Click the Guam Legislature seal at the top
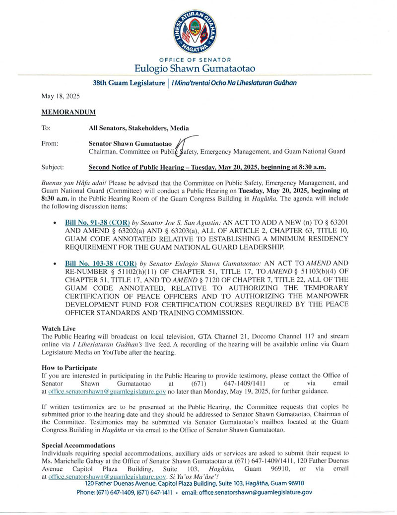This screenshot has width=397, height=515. click(x=198, y=31)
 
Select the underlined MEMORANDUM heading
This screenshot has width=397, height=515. click(x=68, y=113)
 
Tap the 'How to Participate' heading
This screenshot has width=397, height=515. click(x=69, y=368)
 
